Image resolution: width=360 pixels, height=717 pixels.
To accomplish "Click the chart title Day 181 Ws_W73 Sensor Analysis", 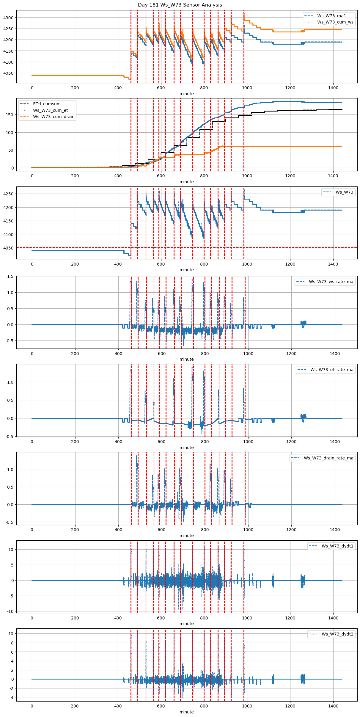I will click(x=180, y=5).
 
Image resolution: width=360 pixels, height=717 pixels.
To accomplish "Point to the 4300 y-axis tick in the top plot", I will click(x=8, y=18).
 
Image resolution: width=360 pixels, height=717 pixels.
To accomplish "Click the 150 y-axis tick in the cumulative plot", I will click(x=10, y=115).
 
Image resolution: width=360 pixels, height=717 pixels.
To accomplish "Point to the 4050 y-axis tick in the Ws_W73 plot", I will click(x=8, y=248).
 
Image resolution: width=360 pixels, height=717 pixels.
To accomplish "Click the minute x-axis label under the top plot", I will click(x=186, y=94).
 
